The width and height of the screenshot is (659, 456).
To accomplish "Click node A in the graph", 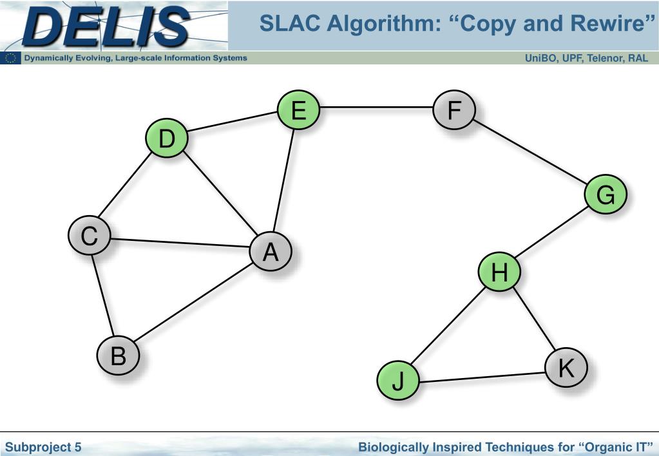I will pos(271,251).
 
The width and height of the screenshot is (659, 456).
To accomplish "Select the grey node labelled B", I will pos(118,356).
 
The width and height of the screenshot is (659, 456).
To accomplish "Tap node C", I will pos(89,236).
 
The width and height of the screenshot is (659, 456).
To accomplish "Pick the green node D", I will pos(166,138).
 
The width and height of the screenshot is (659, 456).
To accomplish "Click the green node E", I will pos(298,110).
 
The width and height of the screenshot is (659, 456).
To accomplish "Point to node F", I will pos(454,110).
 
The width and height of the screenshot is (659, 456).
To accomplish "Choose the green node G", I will pos(606,195).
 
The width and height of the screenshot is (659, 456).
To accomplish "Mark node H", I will pos(499,273).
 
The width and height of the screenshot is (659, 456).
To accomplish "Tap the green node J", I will pos(397,381).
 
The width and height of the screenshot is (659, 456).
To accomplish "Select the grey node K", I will pos(566,368).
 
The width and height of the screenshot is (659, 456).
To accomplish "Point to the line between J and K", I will pos(481,376).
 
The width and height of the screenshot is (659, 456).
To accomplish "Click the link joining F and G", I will pos(530,152).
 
